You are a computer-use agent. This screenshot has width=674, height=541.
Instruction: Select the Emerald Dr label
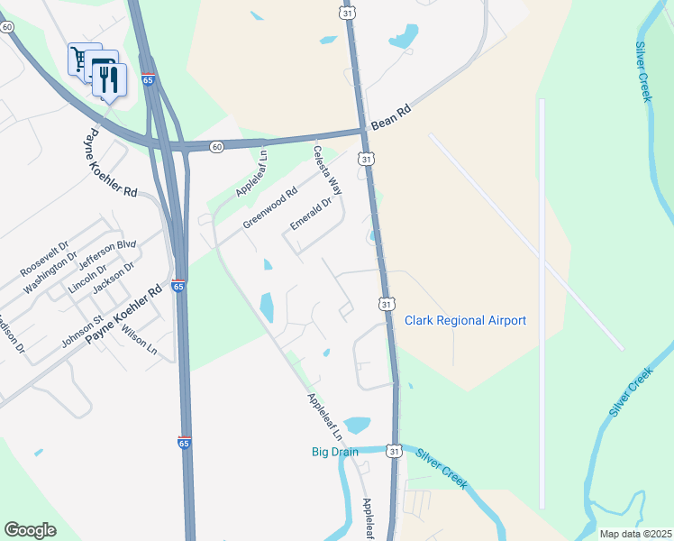pos(312,214)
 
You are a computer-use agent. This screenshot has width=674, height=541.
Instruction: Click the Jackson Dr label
pos(114,278)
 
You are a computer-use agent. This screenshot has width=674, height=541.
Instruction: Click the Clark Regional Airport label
pos(465,320)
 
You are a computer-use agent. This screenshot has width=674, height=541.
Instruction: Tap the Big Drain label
pos(335,452)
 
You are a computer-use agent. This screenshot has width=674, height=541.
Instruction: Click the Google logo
pos(31,530)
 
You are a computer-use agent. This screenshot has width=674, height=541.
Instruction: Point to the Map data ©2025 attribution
pos(635,534)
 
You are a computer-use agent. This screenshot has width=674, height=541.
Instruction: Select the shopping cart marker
pos(82,60)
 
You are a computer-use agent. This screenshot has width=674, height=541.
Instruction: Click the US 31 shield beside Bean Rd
pos(365,159)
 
